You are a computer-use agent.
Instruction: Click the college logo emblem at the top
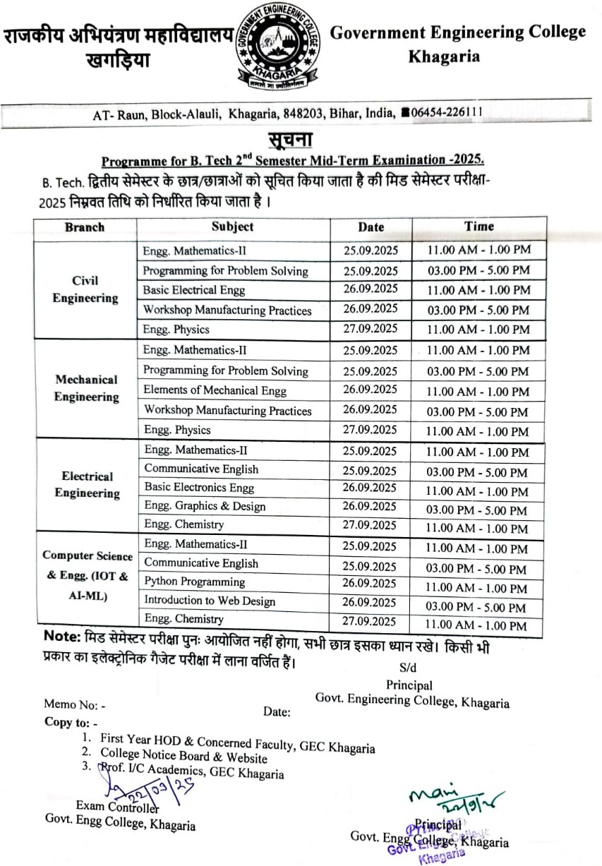pyautogui.click(x=277, y=49)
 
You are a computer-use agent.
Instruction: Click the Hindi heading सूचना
pyautogui.click(x=289, y=137)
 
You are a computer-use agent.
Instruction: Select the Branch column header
pyautogui.click(x=84, y=227)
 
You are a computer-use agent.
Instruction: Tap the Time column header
pyautogui.click(x=479, y=227)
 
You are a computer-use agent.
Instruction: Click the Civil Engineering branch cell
pyautogui.click(x=85, y=289)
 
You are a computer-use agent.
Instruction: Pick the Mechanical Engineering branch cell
pyautogui.click(x=87, y=388)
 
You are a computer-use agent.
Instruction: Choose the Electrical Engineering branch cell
pyautogui.click(x=87, y=485)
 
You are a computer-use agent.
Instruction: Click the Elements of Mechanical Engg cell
pyautogui.click(x=215, y=390)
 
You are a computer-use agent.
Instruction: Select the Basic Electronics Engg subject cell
pyautogui.click(x=199, y=488)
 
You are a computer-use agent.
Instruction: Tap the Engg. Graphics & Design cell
pyautogui.click(x=205, y=506)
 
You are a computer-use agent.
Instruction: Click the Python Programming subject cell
pyautogui.click(x=195, y=582)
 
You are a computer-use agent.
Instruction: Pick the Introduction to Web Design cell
pyautogui.click(x=210, y=601)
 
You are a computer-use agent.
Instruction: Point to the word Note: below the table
pyautogui.click(x=64, y=636)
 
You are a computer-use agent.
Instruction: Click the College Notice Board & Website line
pyautogui.click(x=183, y=757)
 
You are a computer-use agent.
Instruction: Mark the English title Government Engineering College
pyautogui.click(x=458, y=32)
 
